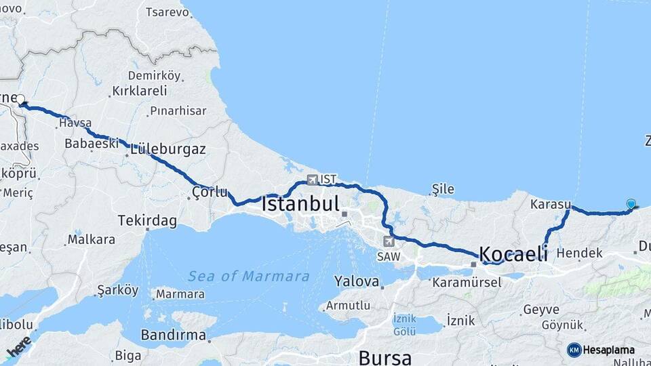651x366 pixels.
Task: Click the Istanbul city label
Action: (x=300, y=203)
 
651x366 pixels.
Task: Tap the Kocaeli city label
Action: (x=513, y=254)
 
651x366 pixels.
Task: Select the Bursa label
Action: (x=384, y=357)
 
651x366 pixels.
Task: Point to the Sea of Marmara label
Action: (x=248, y=276)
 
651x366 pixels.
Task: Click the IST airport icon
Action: (x=312, y=180)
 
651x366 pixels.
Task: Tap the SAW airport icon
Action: (x=388, y=241)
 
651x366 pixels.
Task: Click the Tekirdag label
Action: (x=147, y=220)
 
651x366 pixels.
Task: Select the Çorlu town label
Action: (x=210, y=192)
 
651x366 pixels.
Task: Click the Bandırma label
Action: (x=173, y=335)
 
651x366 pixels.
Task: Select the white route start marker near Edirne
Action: (x=22, y=99)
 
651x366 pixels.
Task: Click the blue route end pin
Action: (x=631, y=204)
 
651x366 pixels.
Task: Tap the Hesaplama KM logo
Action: (x=601, y=350)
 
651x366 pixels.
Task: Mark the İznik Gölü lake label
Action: (x=404, y=325)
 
